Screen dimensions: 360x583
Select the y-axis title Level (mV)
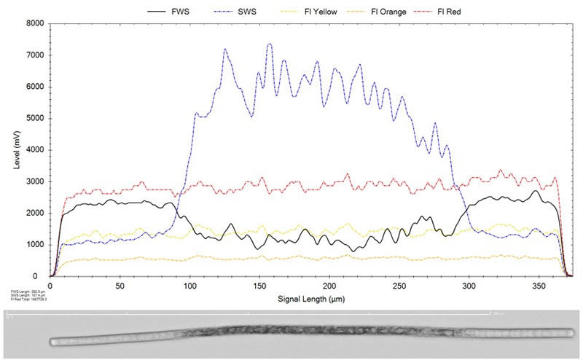(x=16, y=150)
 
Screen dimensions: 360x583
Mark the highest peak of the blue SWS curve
(x=270, y=44)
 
